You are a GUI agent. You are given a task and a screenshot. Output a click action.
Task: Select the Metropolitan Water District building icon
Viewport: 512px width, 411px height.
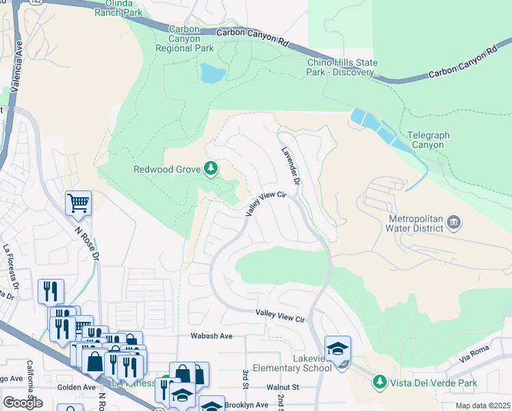pos(454,223)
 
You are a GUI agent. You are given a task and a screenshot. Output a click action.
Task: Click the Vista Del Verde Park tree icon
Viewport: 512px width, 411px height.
pos(379,381)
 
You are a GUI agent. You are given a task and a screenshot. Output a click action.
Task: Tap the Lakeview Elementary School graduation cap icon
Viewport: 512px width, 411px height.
pos(337,349)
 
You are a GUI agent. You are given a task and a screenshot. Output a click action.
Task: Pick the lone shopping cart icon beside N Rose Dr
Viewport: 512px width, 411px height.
pos(79,203)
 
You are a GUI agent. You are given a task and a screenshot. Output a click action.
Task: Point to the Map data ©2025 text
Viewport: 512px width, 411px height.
pos(483,406)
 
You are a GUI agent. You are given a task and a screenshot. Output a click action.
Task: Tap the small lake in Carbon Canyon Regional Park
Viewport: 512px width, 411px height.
pos(212,72)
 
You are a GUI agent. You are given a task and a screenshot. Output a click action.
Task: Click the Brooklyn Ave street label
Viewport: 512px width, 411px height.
pos(246,405)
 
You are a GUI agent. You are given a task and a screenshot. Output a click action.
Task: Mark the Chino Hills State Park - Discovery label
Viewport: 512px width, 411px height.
pos(343,67)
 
